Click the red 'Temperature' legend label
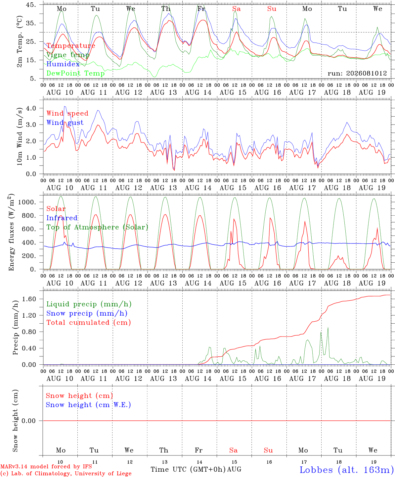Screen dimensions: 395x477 [x=71, y=46]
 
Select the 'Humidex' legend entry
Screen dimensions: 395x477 [x=63, y=64]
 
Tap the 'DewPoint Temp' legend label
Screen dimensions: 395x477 [x=75, y=73]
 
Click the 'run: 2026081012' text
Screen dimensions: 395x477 [x=357, y=73]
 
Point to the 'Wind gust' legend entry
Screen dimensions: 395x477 [x=65, y=123]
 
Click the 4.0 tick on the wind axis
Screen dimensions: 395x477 [x=31, y=108]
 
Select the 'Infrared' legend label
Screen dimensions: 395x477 [x=62, y=218]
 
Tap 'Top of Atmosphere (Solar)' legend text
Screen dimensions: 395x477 [x=98, y=227]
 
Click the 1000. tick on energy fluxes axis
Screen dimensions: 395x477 [x=27, y=202]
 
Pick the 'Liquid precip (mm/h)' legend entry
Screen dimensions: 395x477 [x=89, y=304]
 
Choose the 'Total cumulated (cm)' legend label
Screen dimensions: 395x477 [x=89, y=322]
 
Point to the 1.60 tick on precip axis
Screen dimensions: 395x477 [x=29, y=299]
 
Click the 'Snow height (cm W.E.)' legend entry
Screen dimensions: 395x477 [x=88, y=404]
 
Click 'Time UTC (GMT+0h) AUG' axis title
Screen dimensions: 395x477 [x=196, y=469]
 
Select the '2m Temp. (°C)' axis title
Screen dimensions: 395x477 [x=20, y=41]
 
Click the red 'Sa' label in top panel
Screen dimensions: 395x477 [x=237, y=9]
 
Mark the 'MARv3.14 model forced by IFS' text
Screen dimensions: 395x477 [x=46, y=466]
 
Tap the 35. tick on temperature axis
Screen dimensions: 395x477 [x=31, y=23]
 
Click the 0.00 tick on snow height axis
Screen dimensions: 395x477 [x=28, y=421]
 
